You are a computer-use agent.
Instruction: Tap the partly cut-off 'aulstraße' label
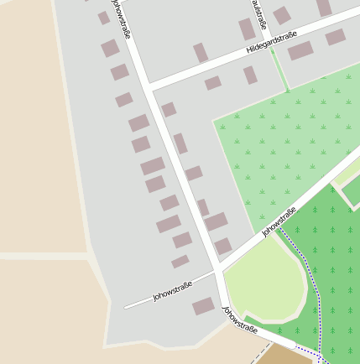click(258, 13)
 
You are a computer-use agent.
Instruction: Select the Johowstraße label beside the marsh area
click(279, 221)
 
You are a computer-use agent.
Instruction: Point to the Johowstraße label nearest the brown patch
click(240, 320)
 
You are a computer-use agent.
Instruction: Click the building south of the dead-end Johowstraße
click(203, 306)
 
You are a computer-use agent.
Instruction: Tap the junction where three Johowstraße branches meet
click(218, 269)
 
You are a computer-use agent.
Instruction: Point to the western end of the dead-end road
click(127, 308)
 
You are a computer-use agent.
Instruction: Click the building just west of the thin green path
click(250, 75)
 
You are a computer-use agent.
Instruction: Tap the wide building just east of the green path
click(300, 50)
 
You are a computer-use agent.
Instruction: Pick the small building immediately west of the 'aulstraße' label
click(246, 29)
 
